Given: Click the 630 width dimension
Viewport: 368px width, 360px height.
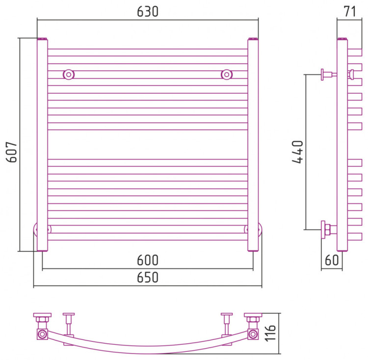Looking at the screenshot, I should coord(148,12).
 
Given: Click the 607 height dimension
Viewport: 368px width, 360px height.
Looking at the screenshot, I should coord(12,152).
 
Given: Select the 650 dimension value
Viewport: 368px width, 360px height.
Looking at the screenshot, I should coord(148,278).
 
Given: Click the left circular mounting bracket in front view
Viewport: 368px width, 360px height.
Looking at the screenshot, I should coord(69,75).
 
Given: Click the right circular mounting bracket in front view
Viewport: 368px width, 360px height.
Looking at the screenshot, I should coord(227,75).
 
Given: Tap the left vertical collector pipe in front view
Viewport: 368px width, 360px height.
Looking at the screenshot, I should coord(43,147).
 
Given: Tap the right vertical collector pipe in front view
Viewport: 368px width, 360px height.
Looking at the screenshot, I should coord(253,147).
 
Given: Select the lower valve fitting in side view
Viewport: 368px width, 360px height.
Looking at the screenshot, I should coord(327,229).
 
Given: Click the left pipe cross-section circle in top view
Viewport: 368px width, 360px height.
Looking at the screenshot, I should coord(42,334).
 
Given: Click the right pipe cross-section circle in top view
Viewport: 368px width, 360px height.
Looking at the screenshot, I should coord(253,334).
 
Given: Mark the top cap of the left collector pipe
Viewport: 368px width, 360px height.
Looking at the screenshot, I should coord(43,39).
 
